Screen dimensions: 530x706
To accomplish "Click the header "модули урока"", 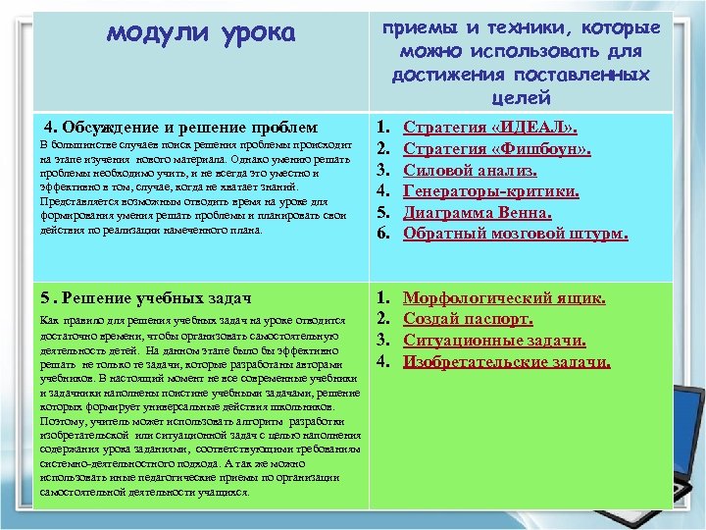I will coord(200,33).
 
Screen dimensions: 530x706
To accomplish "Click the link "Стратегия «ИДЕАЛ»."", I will coord(490,128).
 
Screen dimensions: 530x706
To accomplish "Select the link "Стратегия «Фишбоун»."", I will coord(497,149).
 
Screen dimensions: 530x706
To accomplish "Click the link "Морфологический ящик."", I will coord(505,297).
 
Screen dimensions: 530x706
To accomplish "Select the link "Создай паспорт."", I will coord(469,319).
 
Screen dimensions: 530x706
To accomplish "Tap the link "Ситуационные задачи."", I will coord(495,341).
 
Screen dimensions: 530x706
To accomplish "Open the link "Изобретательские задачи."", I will coord(507,362).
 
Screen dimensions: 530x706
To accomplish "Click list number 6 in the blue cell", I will coord(385,234).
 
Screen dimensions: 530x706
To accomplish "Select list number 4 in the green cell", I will coord(385,362).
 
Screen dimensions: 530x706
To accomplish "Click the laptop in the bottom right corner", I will coord(688,461).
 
